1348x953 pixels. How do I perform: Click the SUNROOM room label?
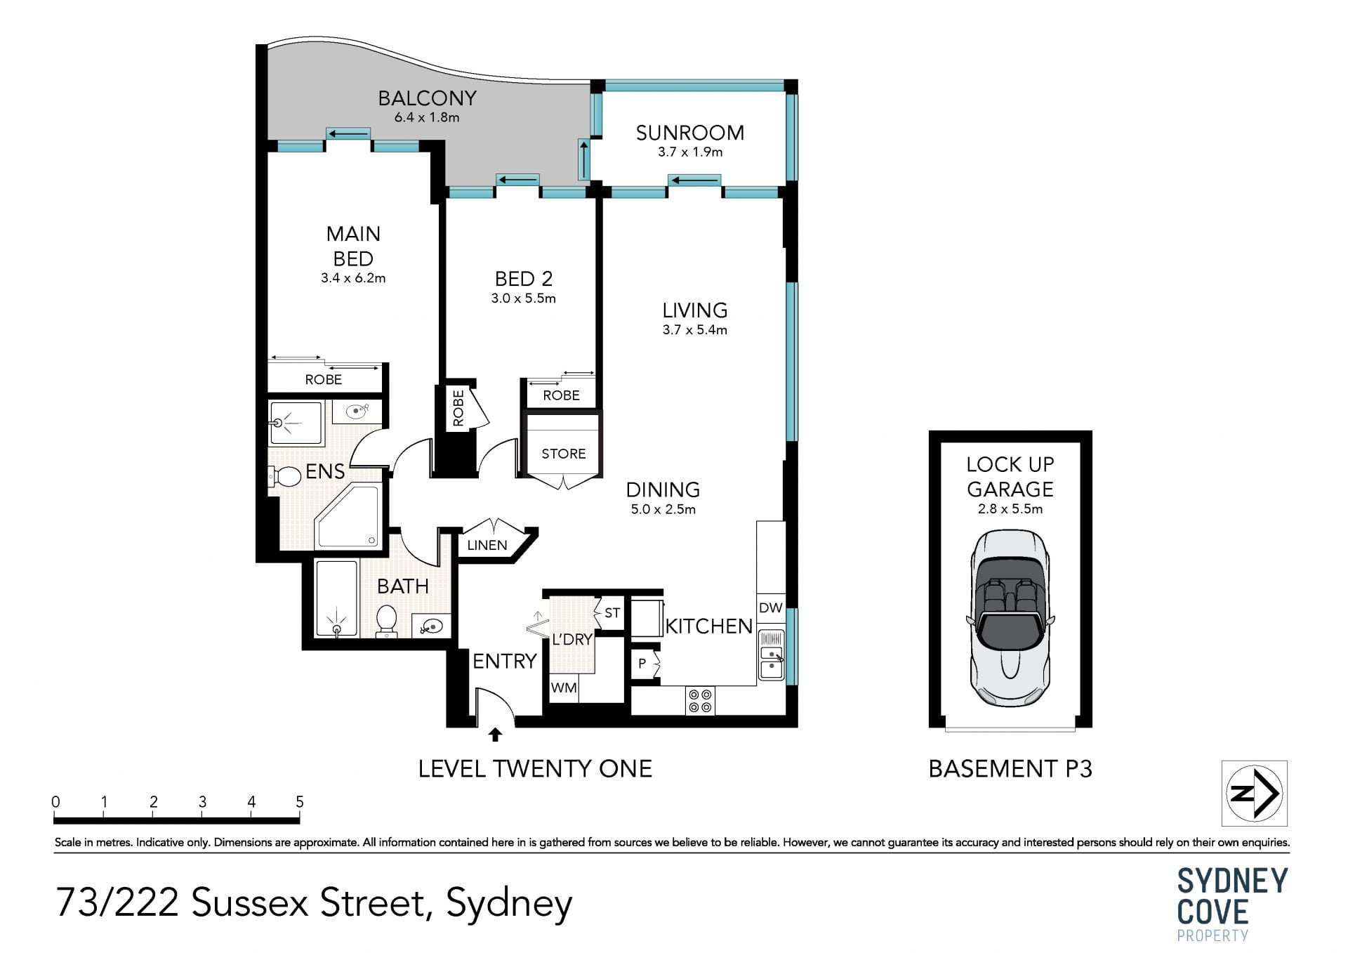[x=690, y=133]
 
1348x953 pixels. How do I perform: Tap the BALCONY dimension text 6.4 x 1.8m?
[x=427, y=117]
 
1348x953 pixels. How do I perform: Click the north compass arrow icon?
[x=1254, y=793]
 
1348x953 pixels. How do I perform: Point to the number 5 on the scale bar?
[x=300, y=802]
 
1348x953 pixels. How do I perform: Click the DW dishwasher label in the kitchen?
[x=771, y=608]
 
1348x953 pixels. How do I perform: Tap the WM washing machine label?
[x=564, y=688]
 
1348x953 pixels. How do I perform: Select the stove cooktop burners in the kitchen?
[x=700, y=700]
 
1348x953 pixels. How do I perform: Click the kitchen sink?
[x=772, y=655]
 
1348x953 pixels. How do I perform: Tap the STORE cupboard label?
[x=564, y=454]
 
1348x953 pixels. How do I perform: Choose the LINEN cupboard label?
[x=487, y=545]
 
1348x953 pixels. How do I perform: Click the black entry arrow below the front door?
[x=496, y=735]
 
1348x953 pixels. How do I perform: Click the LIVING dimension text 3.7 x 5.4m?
[x=695, y=329]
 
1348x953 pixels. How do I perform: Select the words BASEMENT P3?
[x=1010, y=769]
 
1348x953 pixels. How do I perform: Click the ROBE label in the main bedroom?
[x=324, y=379]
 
